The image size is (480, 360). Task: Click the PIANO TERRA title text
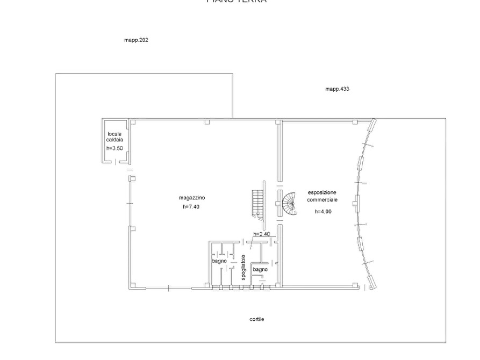[237, 2]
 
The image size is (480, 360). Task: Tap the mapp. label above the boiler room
[136, 40]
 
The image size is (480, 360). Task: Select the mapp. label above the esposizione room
[338, 89]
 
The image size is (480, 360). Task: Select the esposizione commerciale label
[323, 196]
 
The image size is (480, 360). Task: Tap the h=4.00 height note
[324, 212]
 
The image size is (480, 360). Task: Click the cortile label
[256, 319]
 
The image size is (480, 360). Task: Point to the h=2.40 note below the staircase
[261, 233]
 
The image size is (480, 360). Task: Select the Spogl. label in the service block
[219, 261]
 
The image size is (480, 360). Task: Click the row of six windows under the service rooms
[241, 289]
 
